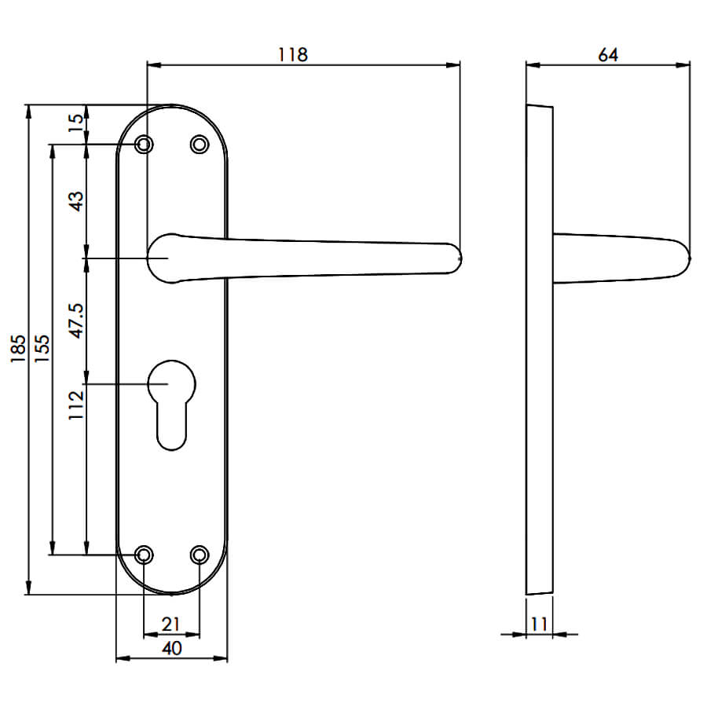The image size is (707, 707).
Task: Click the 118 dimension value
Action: tap(293, 54)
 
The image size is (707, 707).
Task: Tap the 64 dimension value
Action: tap(608, 54)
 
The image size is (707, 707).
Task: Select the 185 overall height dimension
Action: tap(18, 349)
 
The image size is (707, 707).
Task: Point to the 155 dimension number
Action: tap(42, 349)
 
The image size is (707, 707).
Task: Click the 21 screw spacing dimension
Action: tap(171, 624)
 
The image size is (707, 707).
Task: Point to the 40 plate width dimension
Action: tap(172, 648)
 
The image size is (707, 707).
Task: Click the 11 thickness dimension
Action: tap(539, 624)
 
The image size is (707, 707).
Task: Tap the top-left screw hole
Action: tap(145, 145)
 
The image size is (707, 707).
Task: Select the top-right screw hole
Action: tap(200, 145)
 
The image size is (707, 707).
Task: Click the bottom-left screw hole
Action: tap(145, 555)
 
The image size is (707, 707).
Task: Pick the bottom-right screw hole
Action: tap(200, 555)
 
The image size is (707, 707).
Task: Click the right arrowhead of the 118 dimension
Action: tap(453, 65)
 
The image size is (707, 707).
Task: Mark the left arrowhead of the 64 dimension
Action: tap(533, 65)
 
